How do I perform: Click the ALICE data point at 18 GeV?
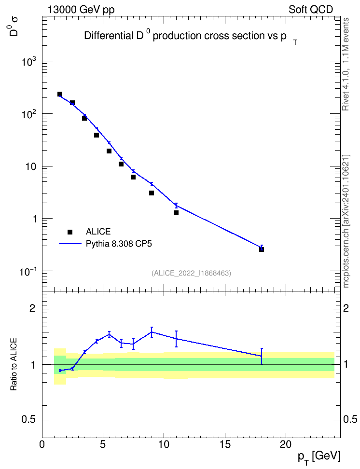tap(261, 249)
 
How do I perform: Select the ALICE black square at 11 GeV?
tap(176, 213)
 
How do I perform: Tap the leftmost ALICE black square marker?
tap(59, 94)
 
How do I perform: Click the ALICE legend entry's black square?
tap(70, 232)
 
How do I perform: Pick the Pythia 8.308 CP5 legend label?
tap(119, 244)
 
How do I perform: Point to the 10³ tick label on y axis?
tap(29, 61)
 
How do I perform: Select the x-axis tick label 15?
tap(225, 444)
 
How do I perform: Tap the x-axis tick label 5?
tap(103, 444)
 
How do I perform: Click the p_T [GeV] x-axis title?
tap(318, 457)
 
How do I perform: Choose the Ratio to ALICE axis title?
tap(14, 364)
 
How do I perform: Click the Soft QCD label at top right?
tap(311, 10)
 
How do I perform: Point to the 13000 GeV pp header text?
tap(81, 10)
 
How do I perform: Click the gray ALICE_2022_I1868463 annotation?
tap(191, 273)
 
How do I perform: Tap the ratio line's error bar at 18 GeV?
tap(262, 357)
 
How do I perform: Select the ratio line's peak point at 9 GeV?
tap(152, 332)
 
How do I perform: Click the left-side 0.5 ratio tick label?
tap(28, 420)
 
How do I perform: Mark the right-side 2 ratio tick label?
tap(346, 308)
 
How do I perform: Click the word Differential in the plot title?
tap(108, 36)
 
